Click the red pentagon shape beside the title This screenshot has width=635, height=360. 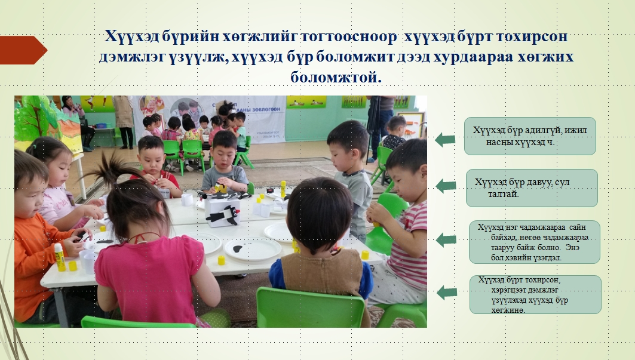point(23,50)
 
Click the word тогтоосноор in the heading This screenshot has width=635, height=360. point(349,36)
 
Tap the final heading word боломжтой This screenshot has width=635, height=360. point(336,77)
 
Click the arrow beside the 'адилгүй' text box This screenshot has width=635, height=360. point(445,140)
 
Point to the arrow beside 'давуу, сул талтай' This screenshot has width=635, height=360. point(446,186)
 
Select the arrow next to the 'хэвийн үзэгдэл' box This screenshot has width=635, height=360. point(446,240)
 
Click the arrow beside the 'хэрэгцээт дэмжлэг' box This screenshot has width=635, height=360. point(447,292)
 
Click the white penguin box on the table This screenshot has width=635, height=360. point(223,210)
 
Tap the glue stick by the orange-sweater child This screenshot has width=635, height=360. point(60,257)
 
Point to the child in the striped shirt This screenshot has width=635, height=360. point(401,223)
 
